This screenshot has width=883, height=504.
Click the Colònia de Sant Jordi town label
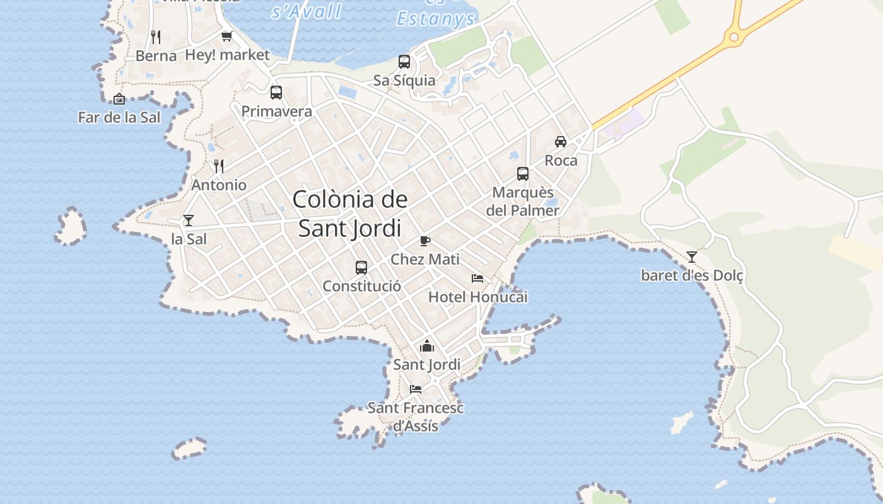coord(350,214)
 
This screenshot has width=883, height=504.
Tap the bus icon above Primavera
coord(276,93)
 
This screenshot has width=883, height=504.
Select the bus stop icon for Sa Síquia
coord(404,62)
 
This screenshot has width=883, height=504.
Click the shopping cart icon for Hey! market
coord(226,36)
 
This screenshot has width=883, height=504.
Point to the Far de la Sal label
coord(119,117)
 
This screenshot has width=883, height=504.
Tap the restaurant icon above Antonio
coord(219,166)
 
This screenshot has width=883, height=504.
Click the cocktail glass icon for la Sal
coord(188,220)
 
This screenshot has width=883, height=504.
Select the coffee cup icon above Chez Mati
coord(425,241)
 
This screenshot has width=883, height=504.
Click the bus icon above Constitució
coord(361,268)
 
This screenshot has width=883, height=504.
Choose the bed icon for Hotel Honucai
coord(477,278)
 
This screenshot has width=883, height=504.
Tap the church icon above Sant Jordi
coord(427,346)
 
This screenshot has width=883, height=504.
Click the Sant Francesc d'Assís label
coord(416,416)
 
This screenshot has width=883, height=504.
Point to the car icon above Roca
coord(561,142)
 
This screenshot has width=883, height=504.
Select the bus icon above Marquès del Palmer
coord(523,174)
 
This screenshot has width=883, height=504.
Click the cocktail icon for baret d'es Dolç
coord(692,256)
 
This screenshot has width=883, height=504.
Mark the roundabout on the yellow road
coord(734,37)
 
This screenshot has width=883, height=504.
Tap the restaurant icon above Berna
coord(156,37)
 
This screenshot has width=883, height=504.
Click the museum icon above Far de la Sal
coord(119,99)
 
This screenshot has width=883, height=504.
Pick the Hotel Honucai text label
coord(477,297)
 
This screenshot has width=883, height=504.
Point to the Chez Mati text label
coord(425,259)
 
